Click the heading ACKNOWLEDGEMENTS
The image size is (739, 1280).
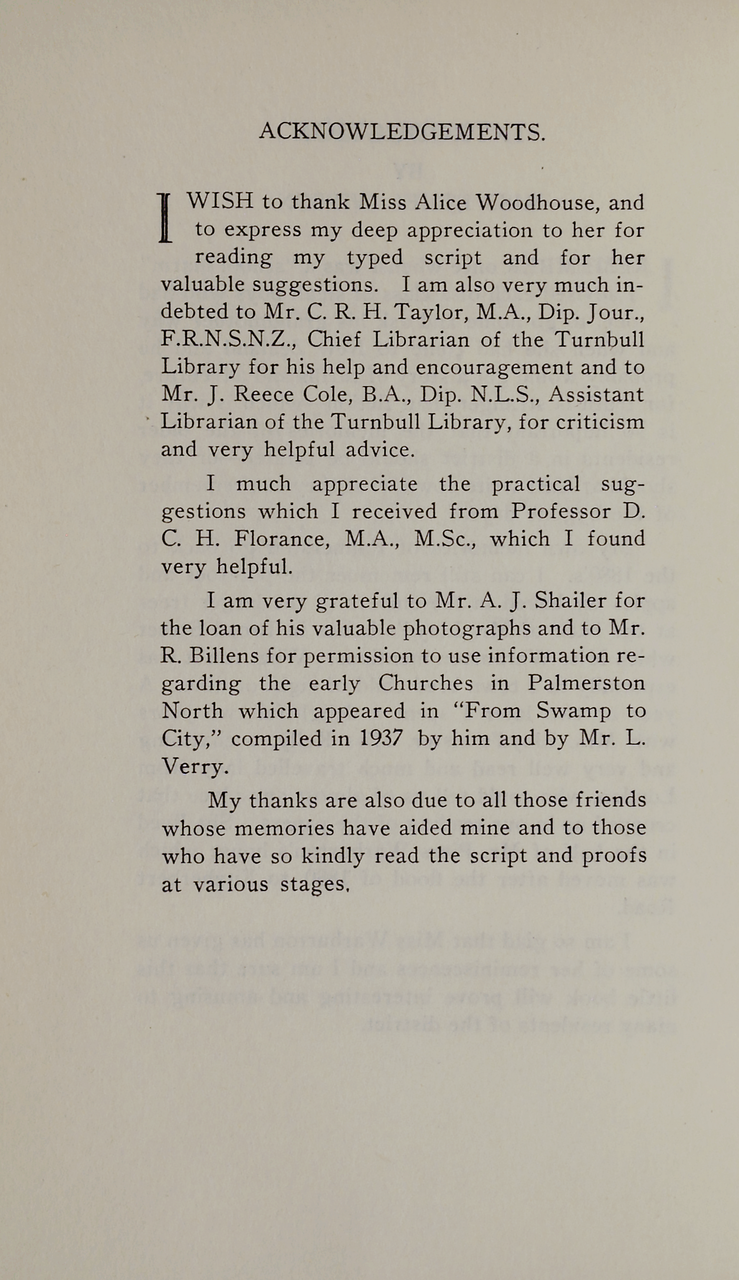(x=402, y=132)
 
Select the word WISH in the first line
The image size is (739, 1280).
(x=220, y=202)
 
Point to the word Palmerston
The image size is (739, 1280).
(x=586, y=683)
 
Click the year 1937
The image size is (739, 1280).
(x=381, y=738)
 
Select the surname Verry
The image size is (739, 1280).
(x=193, y=766)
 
